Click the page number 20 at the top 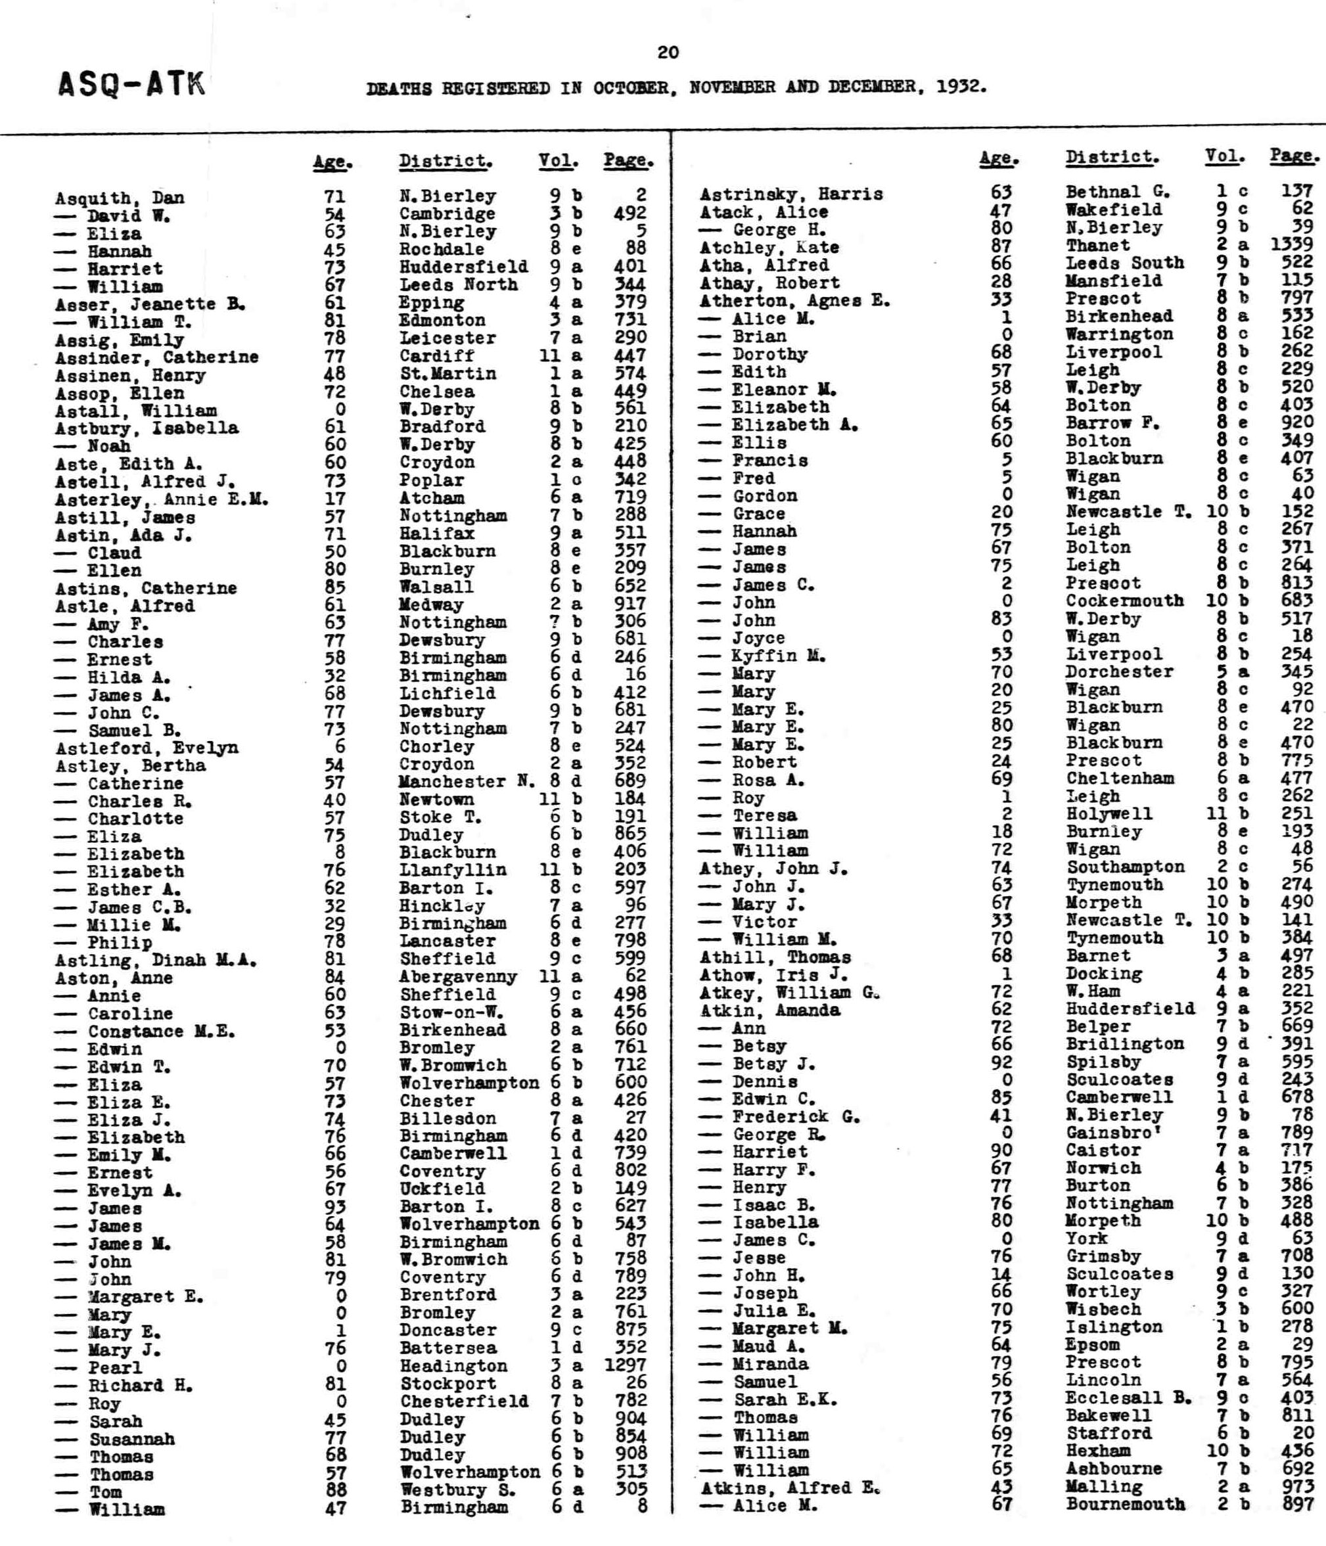tap(668, 52)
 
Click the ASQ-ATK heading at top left tap(131, 85)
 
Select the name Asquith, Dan tap(120, 198)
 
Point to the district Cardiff tap(436, 356)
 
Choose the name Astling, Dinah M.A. tap(156, 961)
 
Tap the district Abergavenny tap(457, 977)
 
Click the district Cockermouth tap(1124, 601)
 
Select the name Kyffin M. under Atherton tap(777, 656)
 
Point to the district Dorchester tap(1118, 671)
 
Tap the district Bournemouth tap(1124, 1504)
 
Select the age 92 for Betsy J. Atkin tap(1001, 1062)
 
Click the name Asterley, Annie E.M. tap(161, 499)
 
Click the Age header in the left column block tap(332, 162)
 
